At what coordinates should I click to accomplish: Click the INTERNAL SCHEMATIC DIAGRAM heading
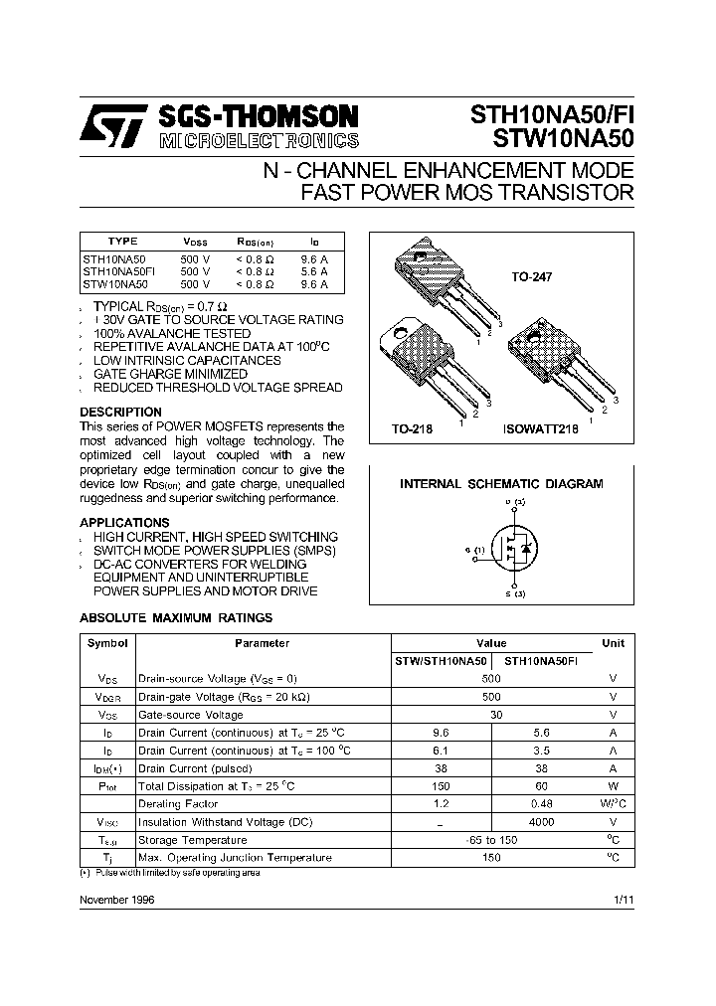pyautogui.click(x=501, y=484)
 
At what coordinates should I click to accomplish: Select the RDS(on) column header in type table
pyautogui.click(x=255, y=242)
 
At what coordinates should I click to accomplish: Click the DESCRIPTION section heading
pyautogui.click(x=120, y=412)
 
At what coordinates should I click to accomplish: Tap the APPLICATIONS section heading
pyautogui.click(x=124, y=522)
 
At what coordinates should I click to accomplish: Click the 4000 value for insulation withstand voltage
pyautogui.click(x=541, y=822)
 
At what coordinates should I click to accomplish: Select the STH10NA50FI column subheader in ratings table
pyautogui.click(x=541, y=661)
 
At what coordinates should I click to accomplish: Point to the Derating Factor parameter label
pyautogui.click(x=174, y=804)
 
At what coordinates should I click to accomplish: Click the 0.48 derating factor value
pyautogui.click(x=541, y=804)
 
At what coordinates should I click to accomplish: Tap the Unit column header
pyautogui.click(x=614, y=643)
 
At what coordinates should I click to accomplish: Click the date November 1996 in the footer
pyautogui.click(x=116, y=899)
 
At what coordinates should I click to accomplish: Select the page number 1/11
pyautogui.click(x=624, y=899)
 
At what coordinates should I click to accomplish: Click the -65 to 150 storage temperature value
pyautogui.click(x=491, y=840)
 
